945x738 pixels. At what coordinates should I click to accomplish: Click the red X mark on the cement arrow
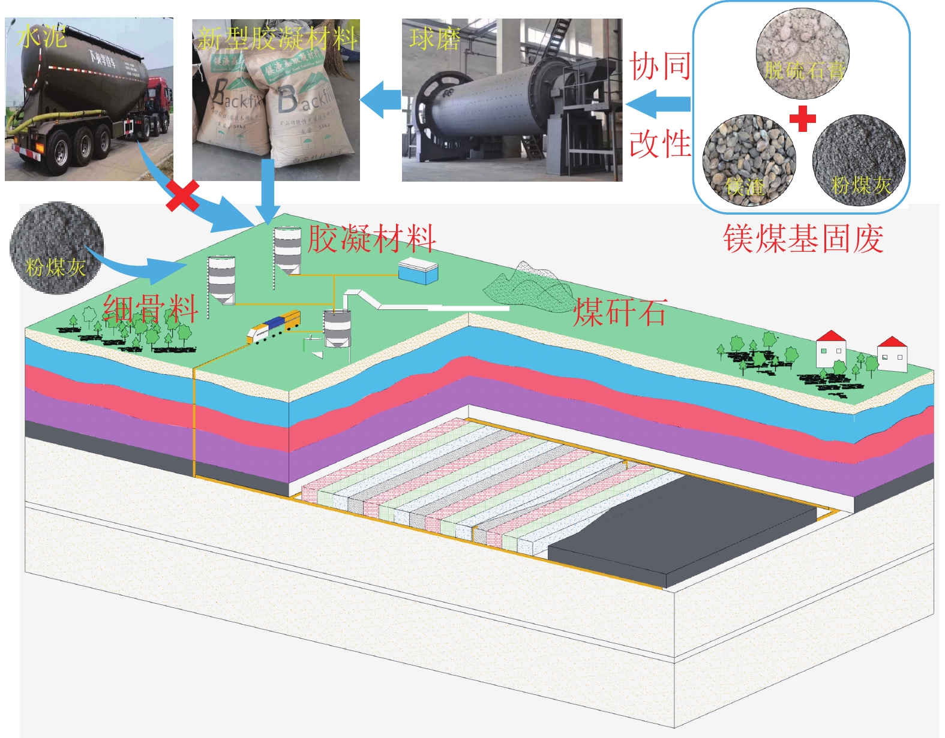coord(182,196)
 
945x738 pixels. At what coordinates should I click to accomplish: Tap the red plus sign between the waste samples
coord(802,118)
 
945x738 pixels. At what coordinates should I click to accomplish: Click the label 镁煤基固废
coord(803,239)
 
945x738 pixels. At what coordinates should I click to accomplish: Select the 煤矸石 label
coord(619,313)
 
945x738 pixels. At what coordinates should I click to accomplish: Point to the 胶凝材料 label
coord(371,239)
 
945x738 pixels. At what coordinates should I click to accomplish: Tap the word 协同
coord(659,66)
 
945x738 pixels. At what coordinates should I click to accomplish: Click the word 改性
coord(659,144)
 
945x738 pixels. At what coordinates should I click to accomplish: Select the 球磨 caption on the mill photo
coord(434,40)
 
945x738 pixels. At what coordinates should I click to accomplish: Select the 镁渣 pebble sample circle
coord(748,161)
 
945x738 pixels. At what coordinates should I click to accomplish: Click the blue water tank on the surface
coord(418,271)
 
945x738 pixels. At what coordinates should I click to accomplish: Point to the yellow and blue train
coord(274,326)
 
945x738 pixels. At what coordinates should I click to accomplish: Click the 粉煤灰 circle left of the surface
coord(56,248)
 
